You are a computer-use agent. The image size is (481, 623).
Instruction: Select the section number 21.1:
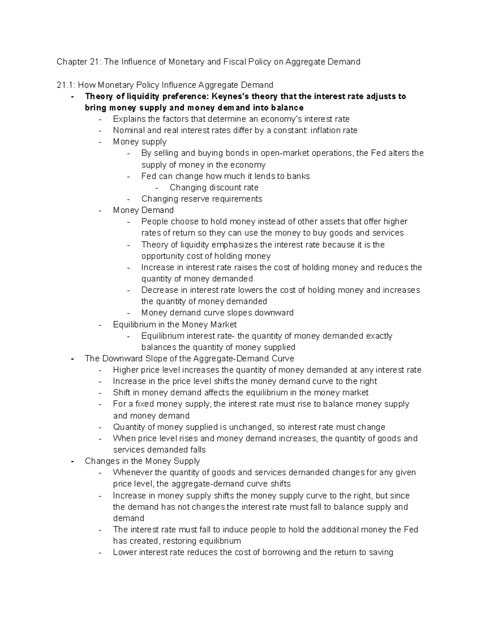click(x=66, y=85)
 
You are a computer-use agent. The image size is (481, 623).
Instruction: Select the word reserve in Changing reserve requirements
click(x=195, y=199)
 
